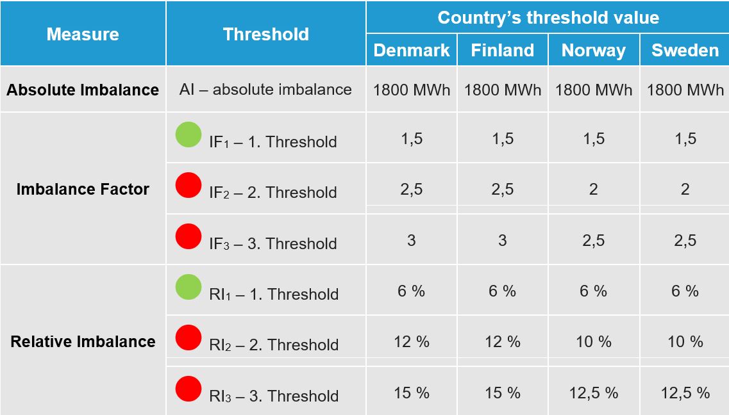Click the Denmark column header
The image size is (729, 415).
pyautogui.click(x=412, y=50)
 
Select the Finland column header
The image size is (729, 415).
pyautogui.click(x=503, y=50)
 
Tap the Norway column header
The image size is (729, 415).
pyautogui.click(x=594, y=51)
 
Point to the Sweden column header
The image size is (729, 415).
pyautogui.click(x=685, y=50)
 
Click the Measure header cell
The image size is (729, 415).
pyautogui.click(x=83, y=35)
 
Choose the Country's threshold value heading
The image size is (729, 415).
pyautogui.click(x=549, y=18)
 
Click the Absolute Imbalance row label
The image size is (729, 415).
pyautogui.click(x=83, y=90)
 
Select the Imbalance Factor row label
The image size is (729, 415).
pyautogui.click(x=83, y=189)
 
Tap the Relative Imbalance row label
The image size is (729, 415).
pyautogui.click(x=83, y=341)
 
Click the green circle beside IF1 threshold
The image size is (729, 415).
pyautogui.click(x=189, y=134)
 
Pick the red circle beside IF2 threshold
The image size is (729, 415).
pyautogui.click(x=189, y=184)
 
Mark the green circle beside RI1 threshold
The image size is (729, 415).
pyautogui.click(x=189, y=286)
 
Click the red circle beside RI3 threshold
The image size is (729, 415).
pyautogui.click(x=189, y=389)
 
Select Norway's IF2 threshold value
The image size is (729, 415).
pyautogui.click(x=594, y=190)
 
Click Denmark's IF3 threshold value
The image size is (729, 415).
pyautogui.click(x=412, y=240)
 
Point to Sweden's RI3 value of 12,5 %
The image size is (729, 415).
pyautogui.click(x=685, y=393)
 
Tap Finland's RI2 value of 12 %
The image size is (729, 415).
pyautogui.click(x=503, y=342)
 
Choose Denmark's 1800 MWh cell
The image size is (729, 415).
pyautogui.click(x=412, y=90)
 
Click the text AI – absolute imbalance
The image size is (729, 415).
pyautogui.click(x=265, y=89)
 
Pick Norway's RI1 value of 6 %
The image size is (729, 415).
pyautogui.click(x=594, y=291)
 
